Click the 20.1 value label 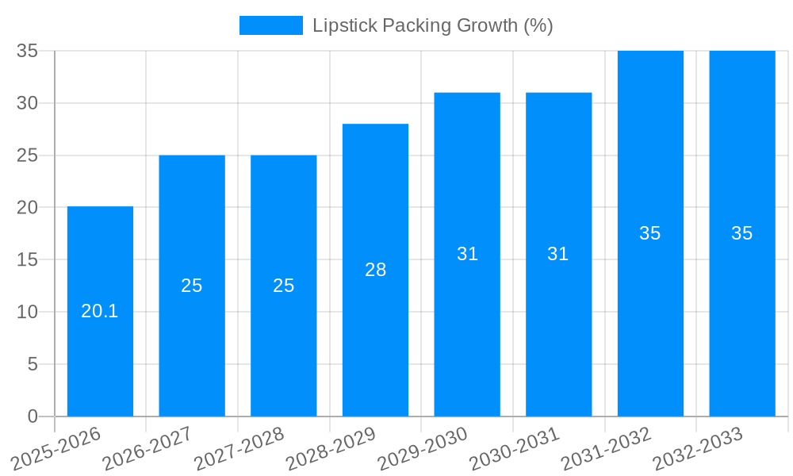[x=100, y=311]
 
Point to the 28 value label [x=375, y=270]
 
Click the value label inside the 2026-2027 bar [x=192, y=286]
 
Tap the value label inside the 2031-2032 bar [x=650, y=233]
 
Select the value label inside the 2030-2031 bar [x=558, y=254]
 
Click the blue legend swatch [x=270, y=25]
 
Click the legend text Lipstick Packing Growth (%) [x=432, y=25]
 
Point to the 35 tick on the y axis [x=28, y=51]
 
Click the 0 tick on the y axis [x=33, y=416]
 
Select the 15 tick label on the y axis [x=28, y=259]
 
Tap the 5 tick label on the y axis [x=33, y=364]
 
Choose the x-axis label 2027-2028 [x=237, y=448]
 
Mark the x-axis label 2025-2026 [x=56, y=448]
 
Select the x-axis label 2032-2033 [x=696, y=448]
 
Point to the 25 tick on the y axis [x=28, y=155]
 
